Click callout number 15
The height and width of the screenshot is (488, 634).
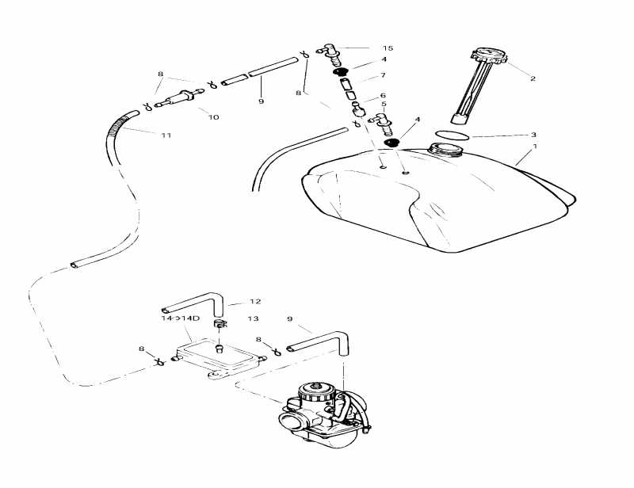pos(388,48)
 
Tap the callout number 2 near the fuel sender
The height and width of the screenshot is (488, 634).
pos(533,78)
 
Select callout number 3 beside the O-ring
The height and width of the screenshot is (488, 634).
pos(533,135)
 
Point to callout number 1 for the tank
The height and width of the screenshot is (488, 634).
pos(535,147)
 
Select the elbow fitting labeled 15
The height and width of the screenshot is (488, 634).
pos(331,51)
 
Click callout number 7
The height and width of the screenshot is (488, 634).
pos(383,75)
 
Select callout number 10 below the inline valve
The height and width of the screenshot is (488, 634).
pos(213,117)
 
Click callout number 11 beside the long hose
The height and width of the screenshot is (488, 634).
pos(166,135)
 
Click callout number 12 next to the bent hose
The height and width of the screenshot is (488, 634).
pos(254,302)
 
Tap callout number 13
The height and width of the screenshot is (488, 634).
pos(253,318)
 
